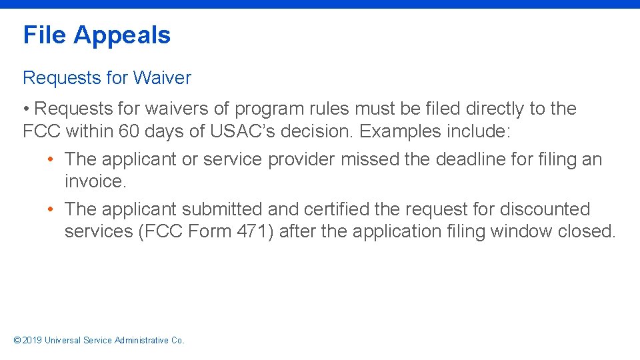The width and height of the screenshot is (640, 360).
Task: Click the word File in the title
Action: pyautogui.click(x=45, y=35)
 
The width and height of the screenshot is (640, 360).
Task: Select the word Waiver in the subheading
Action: pyautogui.click(x=162, y=78)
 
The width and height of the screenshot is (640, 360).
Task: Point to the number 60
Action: pyautogui.click(x=129, y=131)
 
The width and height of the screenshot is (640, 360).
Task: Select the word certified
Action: pyautogui.click(x=336, y=209)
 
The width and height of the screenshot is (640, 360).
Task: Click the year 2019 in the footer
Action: pyautogui.click(x=32, y=340)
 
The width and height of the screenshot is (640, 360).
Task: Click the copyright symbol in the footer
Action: pyautogui.click(x=17, y=340)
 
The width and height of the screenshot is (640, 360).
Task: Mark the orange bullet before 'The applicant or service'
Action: pyautogui.click(x=51, y=160)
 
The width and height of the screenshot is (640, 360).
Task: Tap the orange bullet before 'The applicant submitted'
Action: pyautogui.click(x=51, y=209)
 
